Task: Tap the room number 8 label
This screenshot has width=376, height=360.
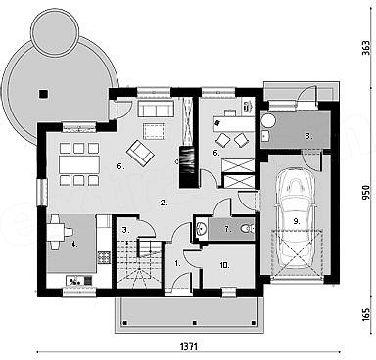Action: pyautogui.click(x=308, y=136)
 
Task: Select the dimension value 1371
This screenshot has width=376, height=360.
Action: pyautogui.click(x=189, y=347)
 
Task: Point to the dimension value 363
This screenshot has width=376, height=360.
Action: pyautogui.click(x=366, y=48)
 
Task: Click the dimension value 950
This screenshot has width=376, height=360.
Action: pyautogui.click(x=366, y=193)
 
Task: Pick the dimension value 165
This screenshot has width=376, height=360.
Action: pyautogui.click(x=366, y=314)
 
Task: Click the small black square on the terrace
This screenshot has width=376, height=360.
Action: pyautogui.click(x=43, y=94)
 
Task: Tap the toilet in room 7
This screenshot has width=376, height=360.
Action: pyautogui.click(x=246, y=229)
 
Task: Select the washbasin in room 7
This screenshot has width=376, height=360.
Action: pyautogui.click(x=201, y=228)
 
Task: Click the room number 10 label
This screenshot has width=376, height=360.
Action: pyautogui.click(x=224, y=265)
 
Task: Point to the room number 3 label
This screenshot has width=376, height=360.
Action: pyautogui.click(x=125, y=230)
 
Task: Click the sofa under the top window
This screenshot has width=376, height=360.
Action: pyautogui.click(x=156, y=109)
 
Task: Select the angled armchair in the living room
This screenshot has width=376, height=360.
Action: pyautogui.click(x=140, y=153)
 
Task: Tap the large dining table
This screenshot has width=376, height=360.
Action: pyautogui.click(x=79, y=164)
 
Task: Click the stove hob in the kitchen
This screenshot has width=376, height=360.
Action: pyautogui.click(x=104, y=257)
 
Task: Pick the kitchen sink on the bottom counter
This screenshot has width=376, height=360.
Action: pyautogui.click(x=75, y=280)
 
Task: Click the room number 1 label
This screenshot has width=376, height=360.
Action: pyautogui.click(x=177, y=263)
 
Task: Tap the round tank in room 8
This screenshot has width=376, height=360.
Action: pyautogui.click(x=269, y=121)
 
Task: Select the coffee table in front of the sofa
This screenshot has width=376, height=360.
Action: pyautogui.click(x=154, y=131)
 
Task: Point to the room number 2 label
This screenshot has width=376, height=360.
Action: pyautogui.click(x=164, y=202)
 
